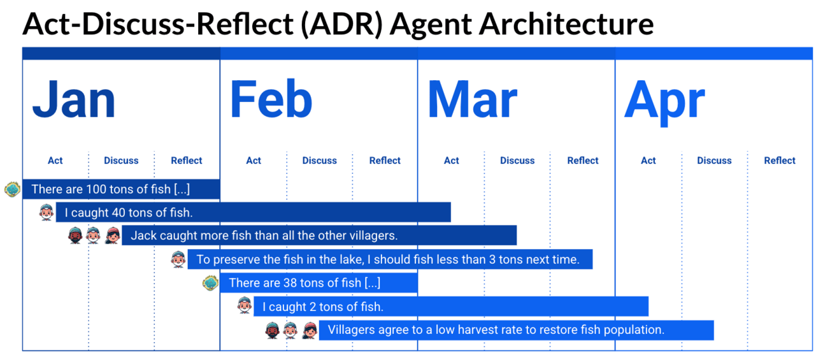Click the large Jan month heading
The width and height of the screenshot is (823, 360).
(x=74, y=99)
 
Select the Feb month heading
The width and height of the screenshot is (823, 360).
(x=271, y=99)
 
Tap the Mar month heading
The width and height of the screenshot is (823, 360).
(x=473, y=99)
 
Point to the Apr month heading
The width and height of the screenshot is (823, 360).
(x=664, y=103)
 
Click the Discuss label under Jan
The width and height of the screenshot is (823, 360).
(x=121, y=161)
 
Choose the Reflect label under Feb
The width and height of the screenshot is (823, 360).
(x=385, y=161)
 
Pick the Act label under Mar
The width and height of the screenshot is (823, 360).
(x=451, y=161)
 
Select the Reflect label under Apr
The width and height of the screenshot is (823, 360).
(x=780, y=161)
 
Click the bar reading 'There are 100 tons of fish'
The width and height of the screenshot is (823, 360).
(x=121, y=189)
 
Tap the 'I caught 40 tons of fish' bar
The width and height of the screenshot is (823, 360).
(x=253, y=212)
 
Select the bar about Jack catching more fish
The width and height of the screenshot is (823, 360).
(x=319, y=236)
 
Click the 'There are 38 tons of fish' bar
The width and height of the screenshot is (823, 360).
(x=319, y=283)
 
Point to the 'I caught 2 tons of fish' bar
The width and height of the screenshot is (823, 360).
(x=451, y=306)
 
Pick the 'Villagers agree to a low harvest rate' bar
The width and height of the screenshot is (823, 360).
(x=516, y=330)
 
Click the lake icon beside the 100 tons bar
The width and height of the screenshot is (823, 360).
(x=12, y=189)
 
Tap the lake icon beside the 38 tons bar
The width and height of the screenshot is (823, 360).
(x=210, y=283)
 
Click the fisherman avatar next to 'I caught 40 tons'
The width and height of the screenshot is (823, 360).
(x=47, y=212)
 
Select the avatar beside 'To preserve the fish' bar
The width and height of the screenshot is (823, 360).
(x=178, y=259)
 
